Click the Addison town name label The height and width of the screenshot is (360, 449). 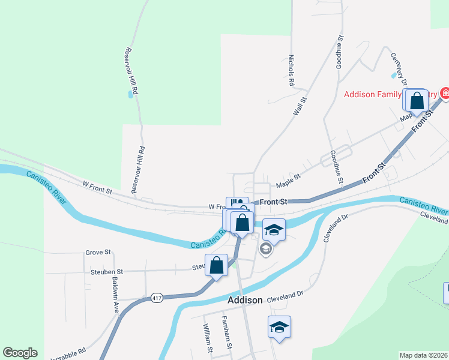(245, 300)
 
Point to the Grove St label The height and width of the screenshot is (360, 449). (98, 253)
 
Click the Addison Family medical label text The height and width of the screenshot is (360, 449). (391, 95)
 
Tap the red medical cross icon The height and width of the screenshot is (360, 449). (445, 94)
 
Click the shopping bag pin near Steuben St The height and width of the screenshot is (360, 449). (217, 265)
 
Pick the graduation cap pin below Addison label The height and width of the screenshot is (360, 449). (279, 327)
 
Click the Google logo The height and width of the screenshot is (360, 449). (20, 353)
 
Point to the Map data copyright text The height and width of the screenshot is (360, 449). (423, 355)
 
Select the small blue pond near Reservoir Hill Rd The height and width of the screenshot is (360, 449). (130, 94)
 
